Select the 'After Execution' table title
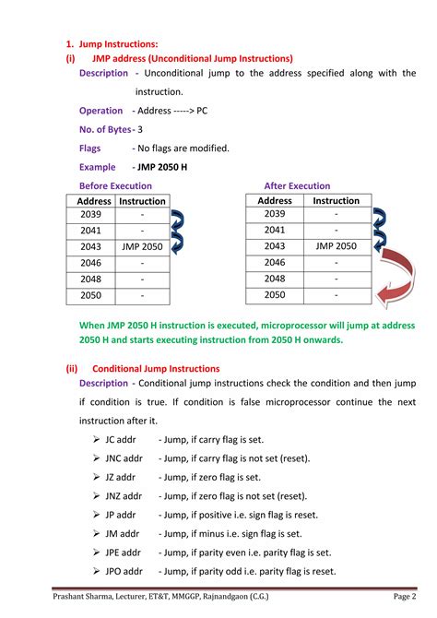(x=297, y=185)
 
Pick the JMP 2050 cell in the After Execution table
(x=336, y=246)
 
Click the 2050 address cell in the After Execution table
(x=275, y=295)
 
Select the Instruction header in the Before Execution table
(x=142, y=201)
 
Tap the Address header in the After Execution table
(x=275, y=200)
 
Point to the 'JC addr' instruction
(x=121, y=439)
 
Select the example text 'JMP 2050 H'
(x=161, y=167)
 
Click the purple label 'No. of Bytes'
(x=104, y=129)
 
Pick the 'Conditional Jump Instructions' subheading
(x=156, y=367)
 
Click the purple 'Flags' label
(x=90, y=148)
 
